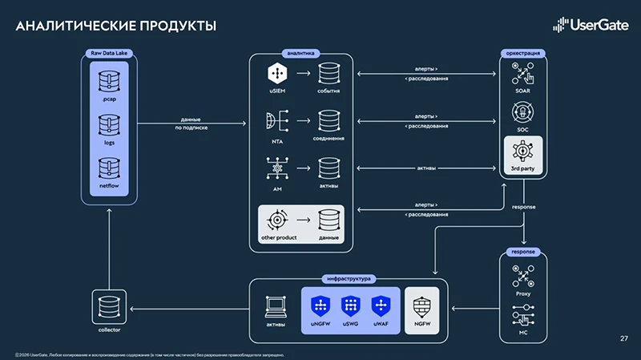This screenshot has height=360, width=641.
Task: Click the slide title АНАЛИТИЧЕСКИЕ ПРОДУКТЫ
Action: tap(115, 26)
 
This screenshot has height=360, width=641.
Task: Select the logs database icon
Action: tap(110, 124)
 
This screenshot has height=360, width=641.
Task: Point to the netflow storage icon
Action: tap(110, 169)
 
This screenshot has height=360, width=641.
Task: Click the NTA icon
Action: tap(276, 121)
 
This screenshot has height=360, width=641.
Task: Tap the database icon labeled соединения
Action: tap(329, 121)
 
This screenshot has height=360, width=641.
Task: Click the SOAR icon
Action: tap(522, 76)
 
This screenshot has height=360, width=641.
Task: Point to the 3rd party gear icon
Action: tap(522, 151)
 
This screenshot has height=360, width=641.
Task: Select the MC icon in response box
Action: tap(522, 318)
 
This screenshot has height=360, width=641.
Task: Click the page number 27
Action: tap(624, 338)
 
